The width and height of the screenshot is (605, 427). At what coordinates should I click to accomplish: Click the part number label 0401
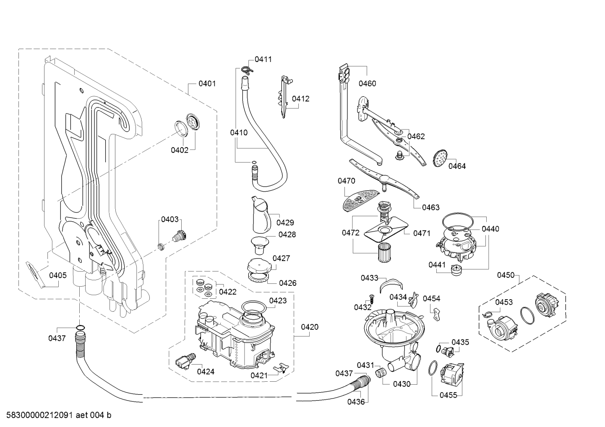coord(207,83)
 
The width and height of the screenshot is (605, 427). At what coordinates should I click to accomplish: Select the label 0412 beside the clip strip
coord(300,99)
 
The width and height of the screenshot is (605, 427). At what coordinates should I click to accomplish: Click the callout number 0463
coord(431,207)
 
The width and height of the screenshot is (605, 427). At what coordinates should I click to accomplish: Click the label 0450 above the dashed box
coord(506,275)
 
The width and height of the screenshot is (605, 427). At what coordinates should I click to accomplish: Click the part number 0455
coord(448,395)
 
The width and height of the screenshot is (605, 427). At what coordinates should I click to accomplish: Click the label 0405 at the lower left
coord(58,275)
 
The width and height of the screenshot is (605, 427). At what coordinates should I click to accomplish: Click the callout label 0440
coord(490,229)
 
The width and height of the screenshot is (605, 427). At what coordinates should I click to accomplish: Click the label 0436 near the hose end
coord(356,401)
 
